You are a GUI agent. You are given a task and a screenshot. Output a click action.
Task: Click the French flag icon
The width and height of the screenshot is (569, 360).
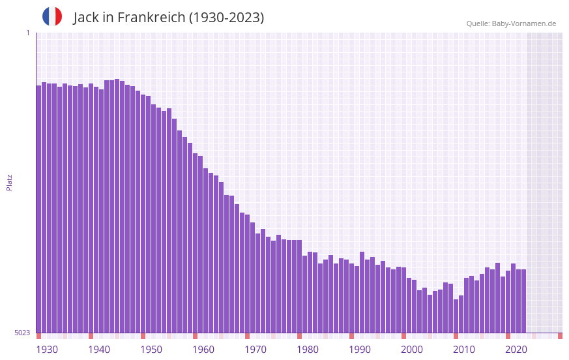[x=52, y=16]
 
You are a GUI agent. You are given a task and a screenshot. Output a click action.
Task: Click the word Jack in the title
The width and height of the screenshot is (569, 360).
[x=87, y=18]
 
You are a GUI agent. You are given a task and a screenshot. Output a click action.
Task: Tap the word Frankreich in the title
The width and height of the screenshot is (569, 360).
[x=151, y=18]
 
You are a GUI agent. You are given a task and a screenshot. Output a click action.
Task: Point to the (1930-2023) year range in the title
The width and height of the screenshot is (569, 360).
[x=226, y=18]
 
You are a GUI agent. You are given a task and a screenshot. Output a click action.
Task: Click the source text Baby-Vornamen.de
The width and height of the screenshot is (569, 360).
[x=523, y=23]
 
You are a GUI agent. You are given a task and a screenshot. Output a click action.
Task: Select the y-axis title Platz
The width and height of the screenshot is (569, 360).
[x=9, y=182]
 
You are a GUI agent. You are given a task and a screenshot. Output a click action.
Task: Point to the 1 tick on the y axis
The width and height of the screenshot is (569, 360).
[x=27, y=33]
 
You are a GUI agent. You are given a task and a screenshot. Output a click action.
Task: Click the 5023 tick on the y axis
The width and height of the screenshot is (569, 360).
[x=22, y=333]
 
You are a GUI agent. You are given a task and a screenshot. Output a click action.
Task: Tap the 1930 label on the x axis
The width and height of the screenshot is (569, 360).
[x=47, y=350]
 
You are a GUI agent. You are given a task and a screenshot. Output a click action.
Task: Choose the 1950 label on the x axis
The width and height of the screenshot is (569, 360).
[x=151, y=350]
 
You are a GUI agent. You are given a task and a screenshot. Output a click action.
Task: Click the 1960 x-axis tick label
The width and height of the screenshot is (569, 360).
[x=203, y=350]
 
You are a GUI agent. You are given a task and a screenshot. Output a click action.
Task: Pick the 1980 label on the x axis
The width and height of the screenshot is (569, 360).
[x=308, y=350]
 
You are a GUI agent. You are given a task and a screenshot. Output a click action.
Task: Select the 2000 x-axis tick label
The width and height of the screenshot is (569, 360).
[x=412, y=350]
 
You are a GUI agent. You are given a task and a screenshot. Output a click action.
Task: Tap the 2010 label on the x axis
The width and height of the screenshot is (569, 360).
[x=464, y=350]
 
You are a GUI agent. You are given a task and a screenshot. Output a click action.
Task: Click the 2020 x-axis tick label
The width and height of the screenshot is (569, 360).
[x=516, y=350]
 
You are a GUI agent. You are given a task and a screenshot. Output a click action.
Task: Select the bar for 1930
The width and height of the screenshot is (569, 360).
[x=38, y=209]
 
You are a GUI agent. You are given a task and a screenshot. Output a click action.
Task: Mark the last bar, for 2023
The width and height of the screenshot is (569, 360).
[x=523, y=301]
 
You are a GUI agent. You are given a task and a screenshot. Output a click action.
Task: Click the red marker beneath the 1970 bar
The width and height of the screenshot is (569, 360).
[x=247, y=336]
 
